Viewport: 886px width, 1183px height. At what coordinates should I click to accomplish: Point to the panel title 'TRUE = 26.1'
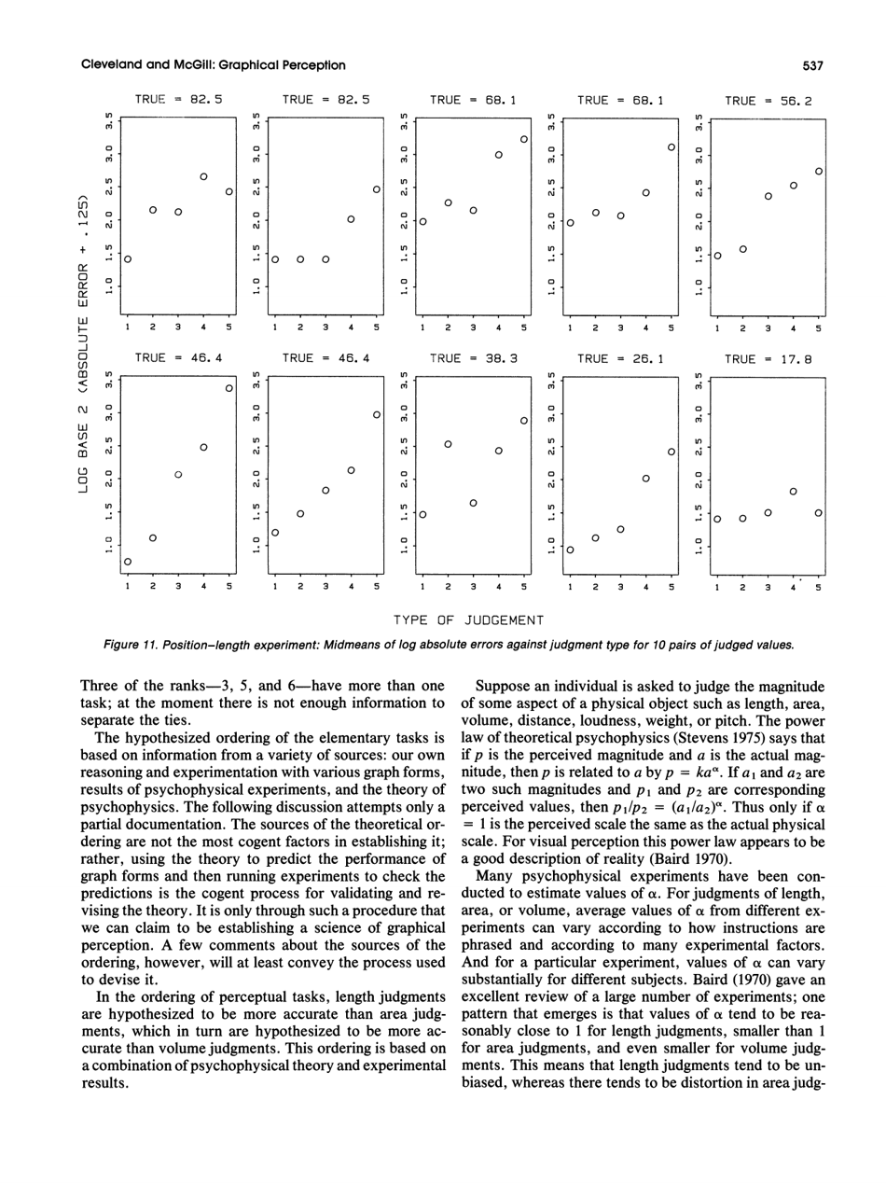[x=620, y=356]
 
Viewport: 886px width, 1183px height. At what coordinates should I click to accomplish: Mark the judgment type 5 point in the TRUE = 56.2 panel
[x=818, y=171]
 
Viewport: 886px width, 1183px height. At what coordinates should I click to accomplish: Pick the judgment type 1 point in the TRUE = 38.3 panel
[x=422, y=514]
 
